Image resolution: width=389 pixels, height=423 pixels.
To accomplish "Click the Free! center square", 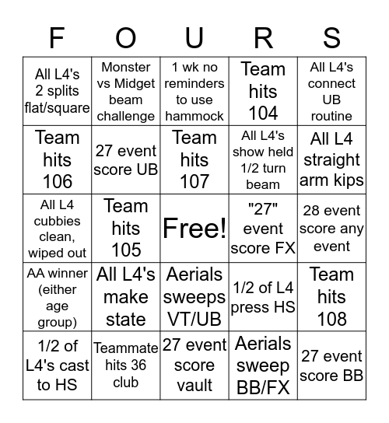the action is point(194,228).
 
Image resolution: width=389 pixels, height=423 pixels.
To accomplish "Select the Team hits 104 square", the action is point(263,91).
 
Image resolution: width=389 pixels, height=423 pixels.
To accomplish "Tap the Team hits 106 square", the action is point(57,159).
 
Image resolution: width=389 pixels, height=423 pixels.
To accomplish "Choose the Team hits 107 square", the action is point(194,159).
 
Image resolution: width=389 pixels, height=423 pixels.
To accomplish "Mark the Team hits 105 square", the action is point(125,228).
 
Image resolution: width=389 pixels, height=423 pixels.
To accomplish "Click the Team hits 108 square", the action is point(331,296).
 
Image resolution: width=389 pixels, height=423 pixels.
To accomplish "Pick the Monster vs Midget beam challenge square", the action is point(125,91).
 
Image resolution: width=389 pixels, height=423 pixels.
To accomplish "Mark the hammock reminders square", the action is point(194,91).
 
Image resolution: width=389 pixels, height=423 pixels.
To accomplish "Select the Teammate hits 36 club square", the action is point(125,365).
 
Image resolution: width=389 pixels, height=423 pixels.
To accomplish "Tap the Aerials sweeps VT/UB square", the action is point(194,296).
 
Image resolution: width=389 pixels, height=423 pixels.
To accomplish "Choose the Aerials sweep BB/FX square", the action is point(263,365).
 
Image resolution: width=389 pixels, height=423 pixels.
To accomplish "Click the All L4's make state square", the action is point(125,296).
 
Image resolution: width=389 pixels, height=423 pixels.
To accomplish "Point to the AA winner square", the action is point(57,296).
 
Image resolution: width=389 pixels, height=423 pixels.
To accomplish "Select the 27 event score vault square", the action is point(194,365).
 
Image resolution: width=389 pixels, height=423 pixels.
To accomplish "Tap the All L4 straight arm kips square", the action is point(331,159).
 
